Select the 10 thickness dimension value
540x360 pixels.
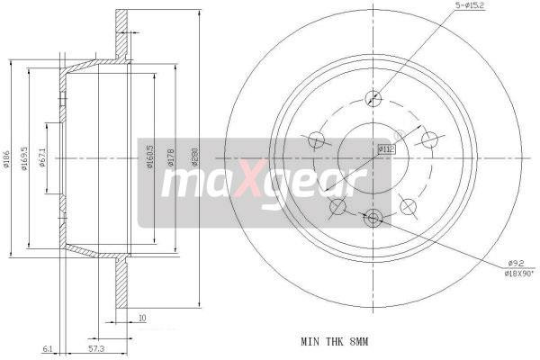(142, 317)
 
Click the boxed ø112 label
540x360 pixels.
(384, 149)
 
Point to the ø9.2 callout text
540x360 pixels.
(517, 262)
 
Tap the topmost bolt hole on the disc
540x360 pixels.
(372, 99)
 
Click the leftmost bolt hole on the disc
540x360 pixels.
(316, 139)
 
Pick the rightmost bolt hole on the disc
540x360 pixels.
(429, 139)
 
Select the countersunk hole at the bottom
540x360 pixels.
(373, 217)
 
